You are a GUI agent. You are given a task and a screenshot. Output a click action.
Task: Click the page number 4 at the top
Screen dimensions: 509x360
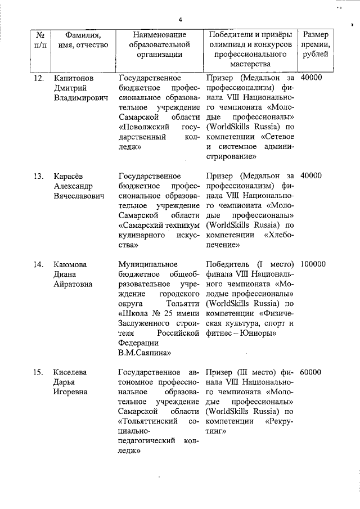pyautogui.click(x=181, y=20)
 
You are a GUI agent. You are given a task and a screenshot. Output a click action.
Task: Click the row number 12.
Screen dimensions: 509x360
pyautogui.click(x=38, y=78)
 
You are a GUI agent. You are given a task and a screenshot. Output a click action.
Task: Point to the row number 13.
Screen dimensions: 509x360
pyautogui.click(x=38, y=176)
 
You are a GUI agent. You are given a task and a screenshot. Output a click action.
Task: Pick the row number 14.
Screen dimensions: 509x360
pyautogui.click(x=38, y=264)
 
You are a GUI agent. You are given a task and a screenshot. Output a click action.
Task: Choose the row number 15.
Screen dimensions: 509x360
pyautogui.click(x=38, y=372)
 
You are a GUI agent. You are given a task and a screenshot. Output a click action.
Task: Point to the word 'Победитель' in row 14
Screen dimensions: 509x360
pyautogui.click(x=227, y=264)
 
